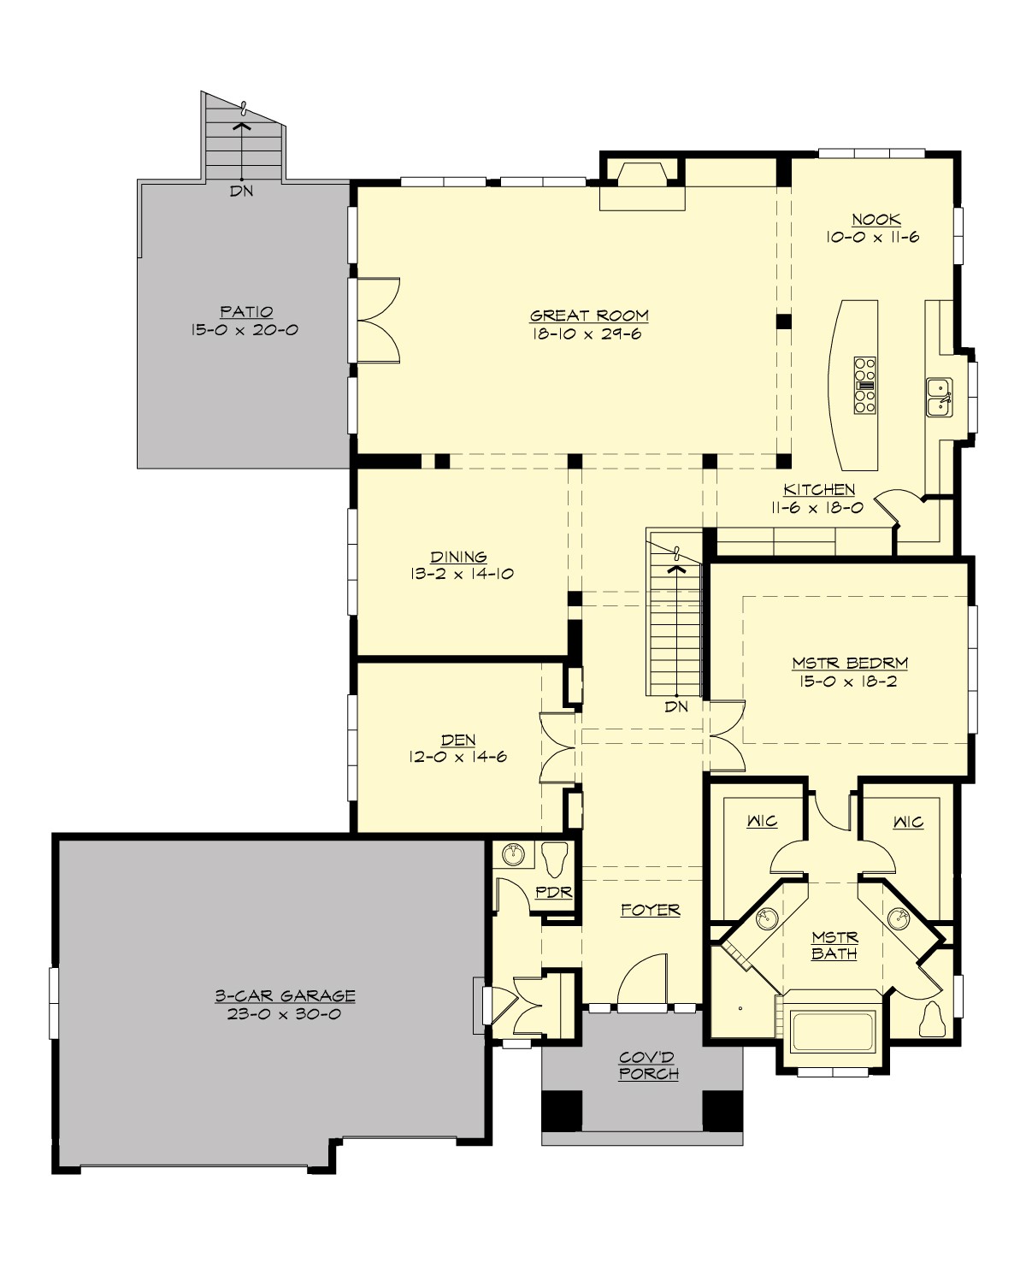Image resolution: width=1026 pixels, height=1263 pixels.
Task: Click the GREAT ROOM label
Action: (x=589, y=316)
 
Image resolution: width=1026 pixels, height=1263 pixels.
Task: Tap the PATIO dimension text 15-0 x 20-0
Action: (x=245, y=330)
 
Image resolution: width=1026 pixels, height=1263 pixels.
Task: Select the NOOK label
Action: (x=876, y=220)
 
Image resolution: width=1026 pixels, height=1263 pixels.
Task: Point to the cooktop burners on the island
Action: (x=864, y=386)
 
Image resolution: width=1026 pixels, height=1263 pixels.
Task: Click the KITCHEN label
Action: (x=819, y=490)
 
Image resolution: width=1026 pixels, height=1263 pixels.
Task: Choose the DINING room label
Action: (x=459, y=558)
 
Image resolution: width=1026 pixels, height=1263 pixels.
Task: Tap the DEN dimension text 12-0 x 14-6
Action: (x=459, y=757)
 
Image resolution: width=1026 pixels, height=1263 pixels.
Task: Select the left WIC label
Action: (x=762, y=822)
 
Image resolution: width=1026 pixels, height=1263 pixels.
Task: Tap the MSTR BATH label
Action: (x=834, y=945)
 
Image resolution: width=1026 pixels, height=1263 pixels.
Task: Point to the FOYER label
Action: (x=650, y=911)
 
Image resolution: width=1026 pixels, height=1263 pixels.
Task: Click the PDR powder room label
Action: (x=553, y=892)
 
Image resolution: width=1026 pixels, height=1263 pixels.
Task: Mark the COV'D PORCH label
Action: (x=649, y=1065)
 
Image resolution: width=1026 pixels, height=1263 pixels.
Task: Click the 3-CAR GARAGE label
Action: (x=285, y=996)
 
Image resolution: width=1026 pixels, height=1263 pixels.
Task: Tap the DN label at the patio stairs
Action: (x=242, y=192)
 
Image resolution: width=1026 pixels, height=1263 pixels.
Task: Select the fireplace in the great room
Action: (x=641, y=186)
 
